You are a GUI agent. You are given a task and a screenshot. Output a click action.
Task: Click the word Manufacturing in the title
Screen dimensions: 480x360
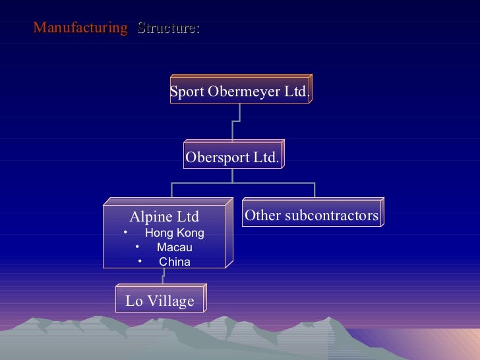[x=80, y=28]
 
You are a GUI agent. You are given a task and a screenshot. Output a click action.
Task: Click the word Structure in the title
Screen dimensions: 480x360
[x=167, y=28]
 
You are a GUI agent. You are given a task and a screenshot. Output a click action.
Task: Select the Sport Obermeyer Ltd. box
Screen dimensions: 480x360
[x=239, y=92]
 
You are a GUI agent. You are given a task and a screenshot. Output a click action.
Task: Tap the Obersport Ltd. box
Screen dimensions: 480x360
[x=232, y=158]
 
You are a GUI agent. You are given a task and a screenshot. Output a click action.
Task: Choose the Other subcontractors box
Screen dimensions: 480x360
[x=311, y=216]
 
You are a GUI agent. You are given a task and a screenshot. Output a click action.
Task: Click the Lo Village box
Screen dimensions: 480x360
[x=160, y=301]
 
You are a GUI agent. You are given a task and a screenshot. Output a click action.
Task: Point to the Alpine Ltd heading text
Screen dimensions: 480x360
[x=164, y=217]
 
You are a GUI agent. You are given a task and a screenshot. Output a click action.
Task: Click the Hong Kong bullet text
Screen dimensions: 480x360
[x=174, y=233]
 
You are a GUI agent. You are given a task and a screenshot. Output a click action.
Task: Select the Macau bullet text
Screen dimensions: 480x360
[x=175, y=247]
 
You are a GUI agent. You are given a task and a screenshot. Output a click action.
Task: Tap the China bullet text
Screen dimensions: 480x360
[x=175, y=262]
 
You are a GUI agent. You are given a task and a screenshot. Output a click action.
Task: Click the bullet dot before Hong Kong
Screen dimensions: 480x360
[x=125, y=232]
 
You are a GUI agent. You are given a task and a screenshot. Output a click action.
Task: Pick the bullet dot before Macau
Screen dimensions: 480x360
[x=137, y=247]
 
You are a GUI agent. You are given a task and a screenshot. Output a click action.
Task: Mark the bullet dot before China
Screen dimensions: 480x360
[x=140, y=262]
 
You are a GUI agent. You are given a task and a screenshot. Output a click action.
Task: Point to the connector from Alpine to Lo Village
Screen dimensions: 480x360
[x=162, y=278]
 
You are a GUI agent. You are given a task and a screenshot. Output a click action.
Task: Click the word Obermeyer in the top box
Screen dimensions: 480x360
[x=245, y=92]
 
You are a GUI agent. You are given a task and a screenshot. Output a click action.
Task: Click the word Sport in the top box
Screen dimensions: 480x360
[x=187, y=92]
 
